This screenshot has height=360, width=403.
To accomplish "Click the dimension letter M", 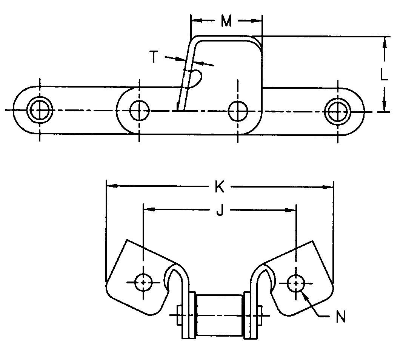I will (x=226, y=22).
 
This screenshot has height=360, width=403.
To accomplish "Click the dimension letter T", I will (x=154, y=57).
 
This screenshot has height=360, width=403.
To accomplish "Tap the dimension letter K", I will (x=220, y=187).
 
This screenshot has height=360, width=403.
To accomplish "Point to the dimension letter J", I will (x=220, y=209).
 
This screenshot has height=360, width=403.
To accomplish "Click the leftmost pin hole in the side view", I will (x=40, y=110).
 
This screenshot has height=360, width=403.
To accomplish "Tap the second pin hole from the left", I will (x=139, y=110).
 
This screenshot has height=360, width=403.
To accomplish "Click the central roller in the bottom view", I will (x=220, y=315).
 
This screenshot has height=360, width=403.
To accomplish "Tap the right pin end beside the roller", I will (x=260, y=315).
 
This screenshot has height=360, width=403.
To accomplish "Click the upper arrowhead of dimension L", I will (x=385, y=41).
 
